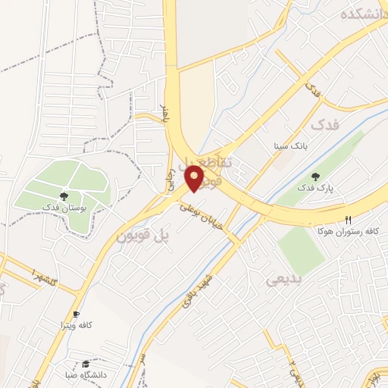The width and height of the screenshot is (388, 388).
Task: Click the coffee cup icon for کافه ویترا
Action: [76, 314]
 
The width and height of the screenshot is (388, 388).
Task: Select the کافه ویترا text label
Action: [76, 325]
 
